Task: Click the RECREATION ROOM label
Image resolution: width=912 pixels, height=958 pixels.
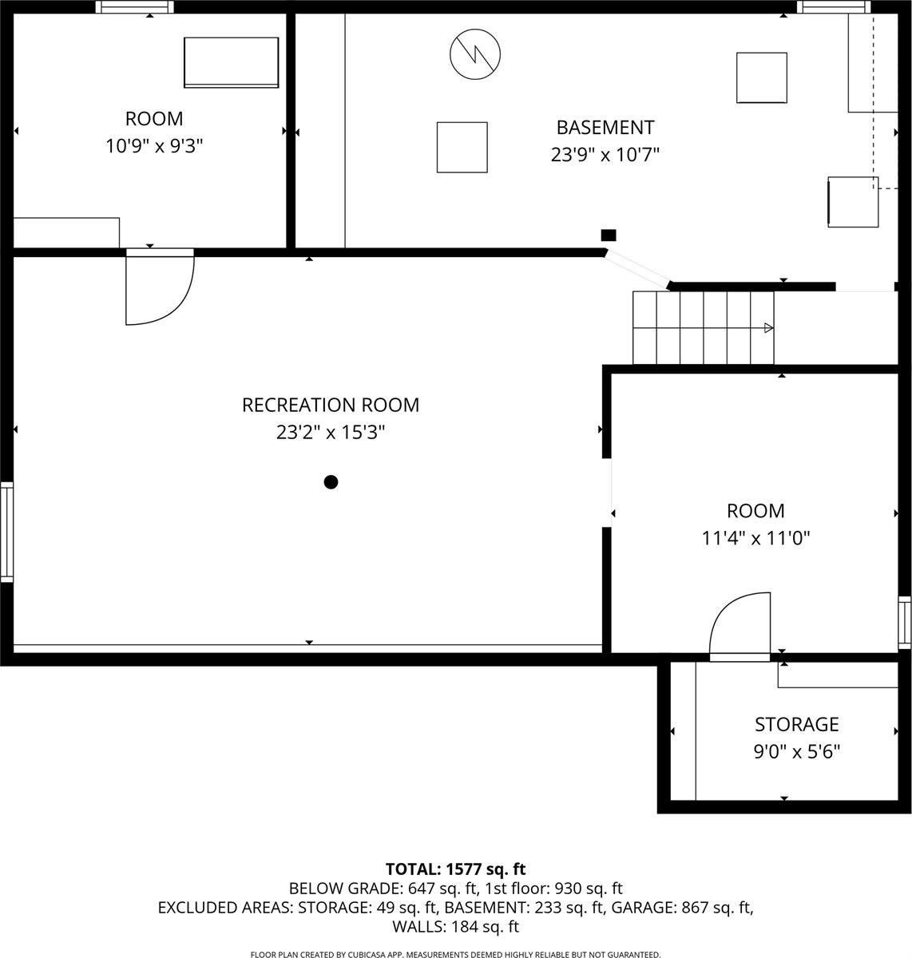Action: pyautogui.click(x=330, y=405)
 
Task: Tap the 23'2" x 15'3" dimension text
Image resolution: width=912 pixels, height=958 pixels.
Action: pyautogui.click(x=330, y=433)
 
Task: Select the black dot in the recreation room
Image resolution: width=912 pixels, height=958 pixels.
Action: pyautogui.click(x=331, y=481)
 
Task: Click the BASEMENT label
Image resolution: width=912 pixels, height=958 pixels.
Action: pyautogui.click(x=605, y=127)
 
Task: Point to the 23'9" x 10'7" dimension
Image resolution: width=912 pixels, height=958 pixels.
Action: pyautogui.click(x=605, y=154)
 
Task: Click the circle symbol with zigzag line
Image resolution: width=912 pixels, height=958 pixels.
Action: pyautogui.click(x=475, y=54)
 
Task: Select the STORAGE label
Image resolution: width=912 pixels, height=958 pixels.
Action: pyautogui.click(x=796, y=724)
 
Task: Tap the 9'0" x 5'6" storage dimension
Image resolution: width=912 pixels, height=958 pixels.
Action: pyautogui.click(x=796, y=751)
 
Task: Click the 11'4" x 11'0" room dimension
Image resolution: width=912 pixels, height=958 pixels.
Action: pyautogui.click(x=755, y=538)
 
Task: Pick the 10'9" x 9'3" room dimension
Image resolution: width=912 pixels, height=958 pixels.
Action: pyautogui.click(x=154, y=146)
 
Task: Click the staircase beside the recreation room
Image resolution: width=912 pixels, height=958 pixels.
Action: pyautogui.click(x=703, y=327)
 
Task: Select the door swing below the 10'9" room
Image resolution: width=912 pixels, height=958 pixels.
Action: pyautogui.click(x=159, y=287)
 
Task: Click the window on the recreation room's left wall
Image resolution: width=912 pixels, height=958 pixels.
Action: pyautogui.click(x=6, y=532)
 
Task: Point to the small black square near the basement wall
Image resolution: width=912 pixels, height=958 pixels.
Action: pyautogui.click(x=609, y=235)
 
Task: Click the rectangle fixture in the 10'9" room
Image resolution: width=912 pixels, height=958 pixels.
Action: pyautogui.click(x=232, y=62)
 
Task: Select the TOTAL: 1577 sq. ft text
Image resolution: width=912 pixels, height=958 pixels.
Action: pyautogui.click(x=455, y=869)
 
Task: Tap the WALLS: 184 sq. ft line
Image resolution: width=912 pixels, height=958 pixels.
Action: pyautogui.click(x=455, y=927)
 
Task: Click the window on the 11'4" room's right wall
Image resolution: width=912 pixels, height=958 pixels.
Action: pyautogui.click(x=904, y=623)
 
